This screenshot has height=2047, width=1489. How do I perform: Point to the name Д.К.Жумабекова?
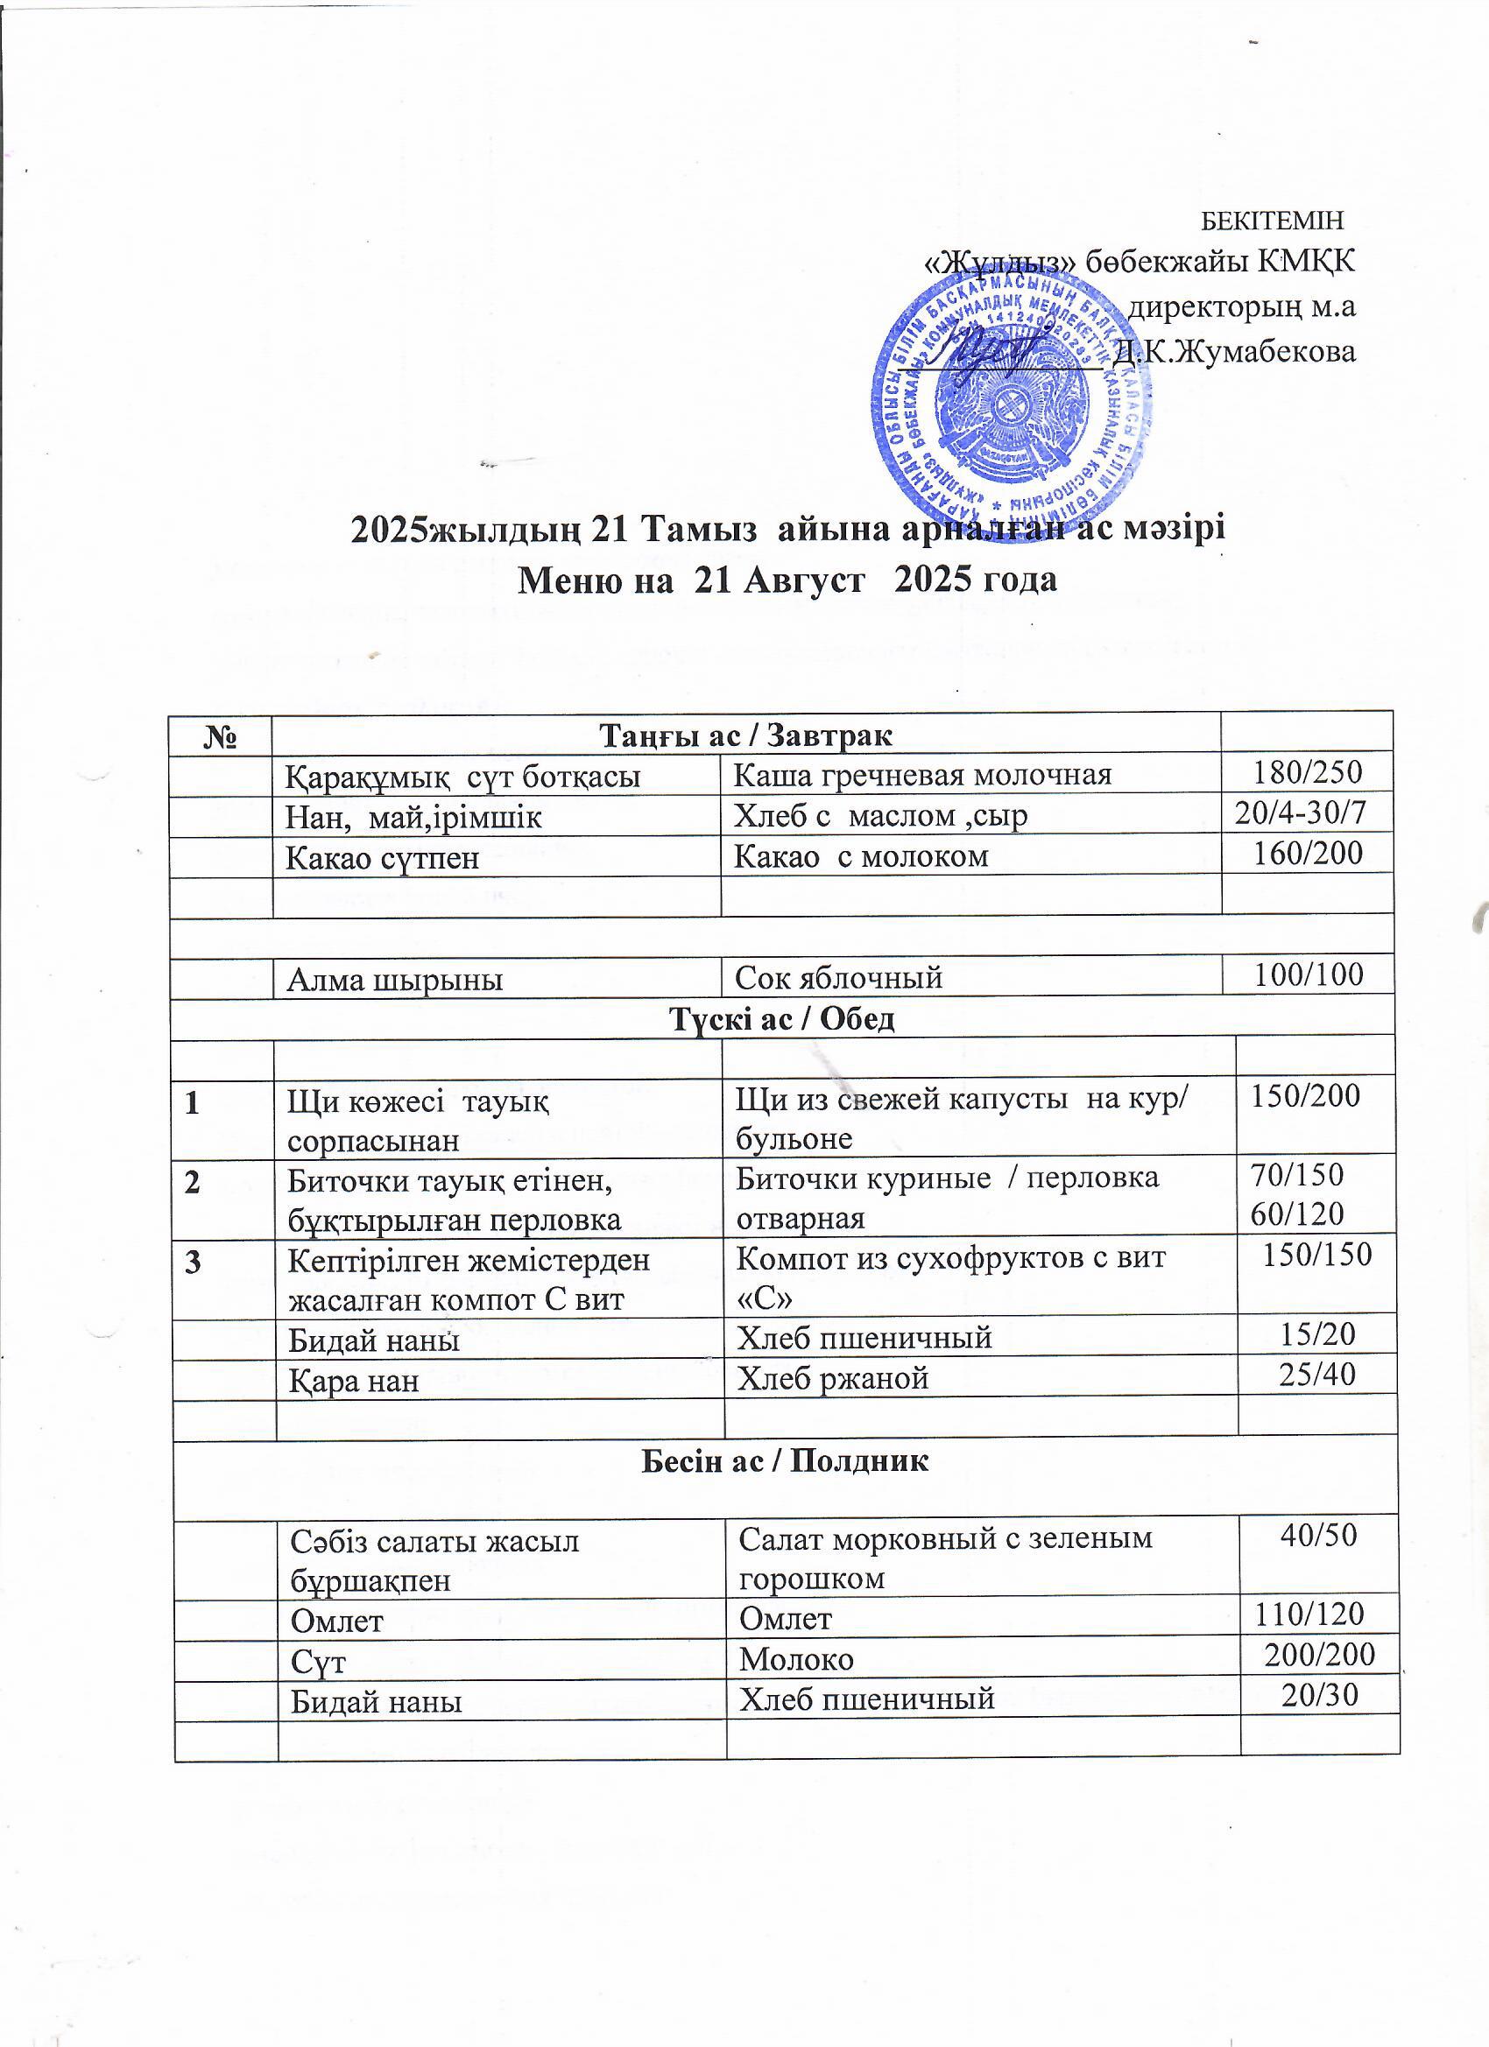pyautogui.click(x=1234, y=351)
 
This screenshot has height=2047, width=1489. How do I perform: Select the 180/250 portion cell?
pyautogui.click(x=1307, y=772)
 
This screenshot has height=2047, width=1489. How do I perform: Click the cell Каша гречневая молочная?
pyautogui.click(x=922, y=774)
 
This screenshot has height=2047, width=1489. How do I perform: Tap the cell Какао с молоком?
pyautogui.click(x=860, y=855)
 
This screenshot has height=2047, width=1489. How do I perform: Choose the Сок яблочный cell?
pyautogui.click(x=839, y=977)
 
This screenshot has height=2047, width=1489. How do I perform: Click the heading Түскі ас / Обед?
pyautogui.click(x=782, y=1018)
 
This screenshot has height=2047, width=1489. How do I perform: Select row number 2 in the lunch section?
pyautogui.click(x=194, y=1182)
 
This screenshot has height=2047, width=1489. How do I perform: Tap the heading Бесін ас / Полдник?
pyautogui.click(x=785, y=1461)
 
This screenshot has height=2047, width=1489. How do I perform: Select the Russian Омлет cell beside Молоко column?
pyautogui.click(x=786, y=1618)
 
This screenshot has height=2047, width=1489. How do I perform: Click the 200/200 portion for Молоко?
pyautogui.click(x=1319, y=1655)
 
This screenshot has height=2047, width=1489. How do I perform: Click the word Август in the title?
pyautogui.click(x=802, y=580)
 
